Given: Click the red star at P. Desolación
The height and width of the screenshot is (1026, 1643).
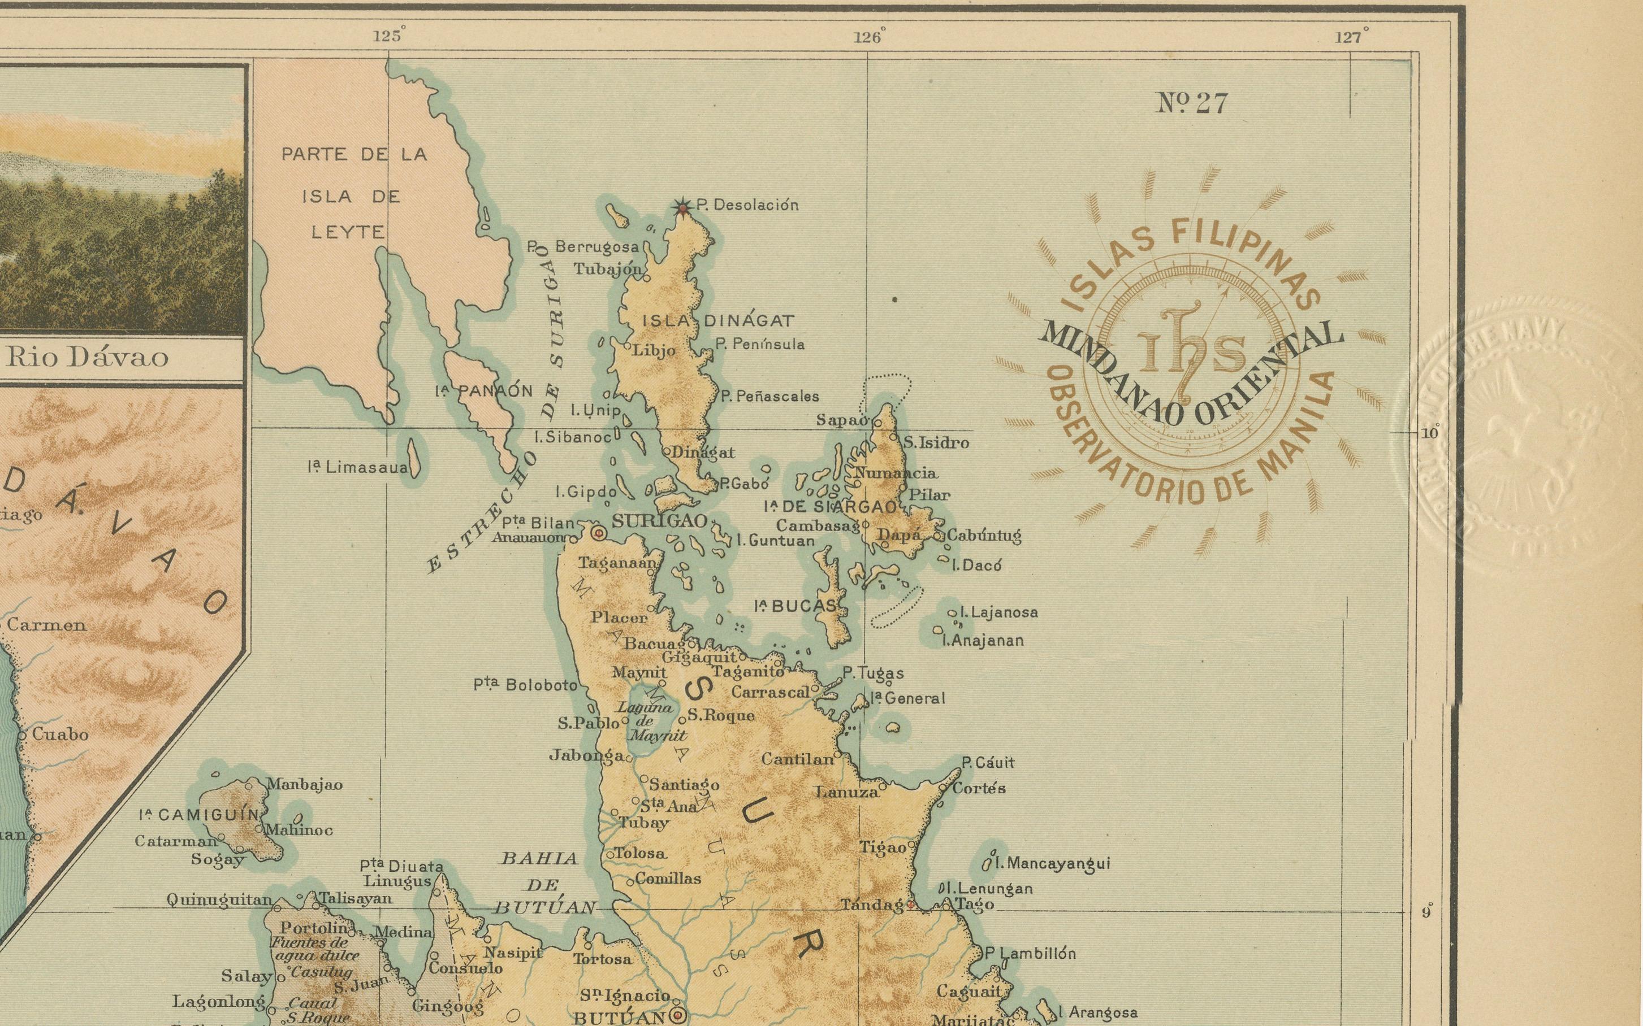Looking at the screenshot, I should pos(682,206).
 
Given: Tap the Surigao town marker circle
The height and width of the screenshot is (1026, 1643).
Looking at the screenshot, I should pos(599,534).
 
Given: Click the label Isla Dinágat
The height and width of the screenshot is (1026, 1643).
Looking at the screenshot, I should pos(717,321).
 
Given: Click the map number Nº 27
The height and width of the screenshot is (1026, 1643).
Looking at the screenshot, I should pos(1192,104).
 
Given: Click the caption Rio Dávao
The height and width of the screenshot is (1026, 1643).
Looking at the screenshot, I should pos(88,358).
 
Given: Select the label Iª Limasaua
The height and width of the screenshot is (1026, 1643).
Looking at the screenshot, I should pos(358,468).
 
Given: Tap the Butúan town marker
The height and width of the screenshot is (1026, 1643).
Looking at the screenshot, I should pos(677,1015).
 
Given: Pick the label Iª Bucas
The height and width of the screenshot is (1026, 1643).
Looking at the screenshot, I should pos(795,606).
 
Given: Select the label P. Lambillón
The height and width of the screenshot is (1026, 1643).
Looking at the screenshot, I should pos(1030,953).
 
